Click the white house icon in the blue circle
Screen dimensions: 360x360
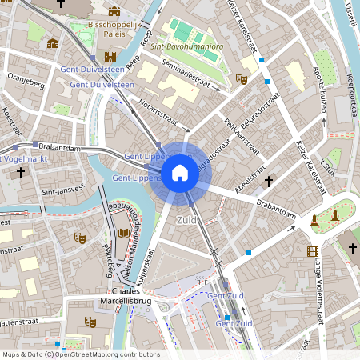point(180,173)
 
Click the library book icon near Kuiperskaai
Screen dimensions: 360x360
point(122,233)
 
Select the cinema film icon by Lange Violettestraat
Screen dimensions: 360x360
point(312,251)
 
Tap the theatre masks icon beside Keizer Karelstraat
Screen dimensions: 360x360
point(242,78)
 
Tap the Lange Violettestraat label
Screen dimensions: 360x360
point(319,288)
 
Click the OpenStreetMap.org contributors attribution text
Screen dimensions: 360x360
point(108,354)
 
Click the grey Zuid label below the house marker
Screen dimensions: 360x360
point(186,218)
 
